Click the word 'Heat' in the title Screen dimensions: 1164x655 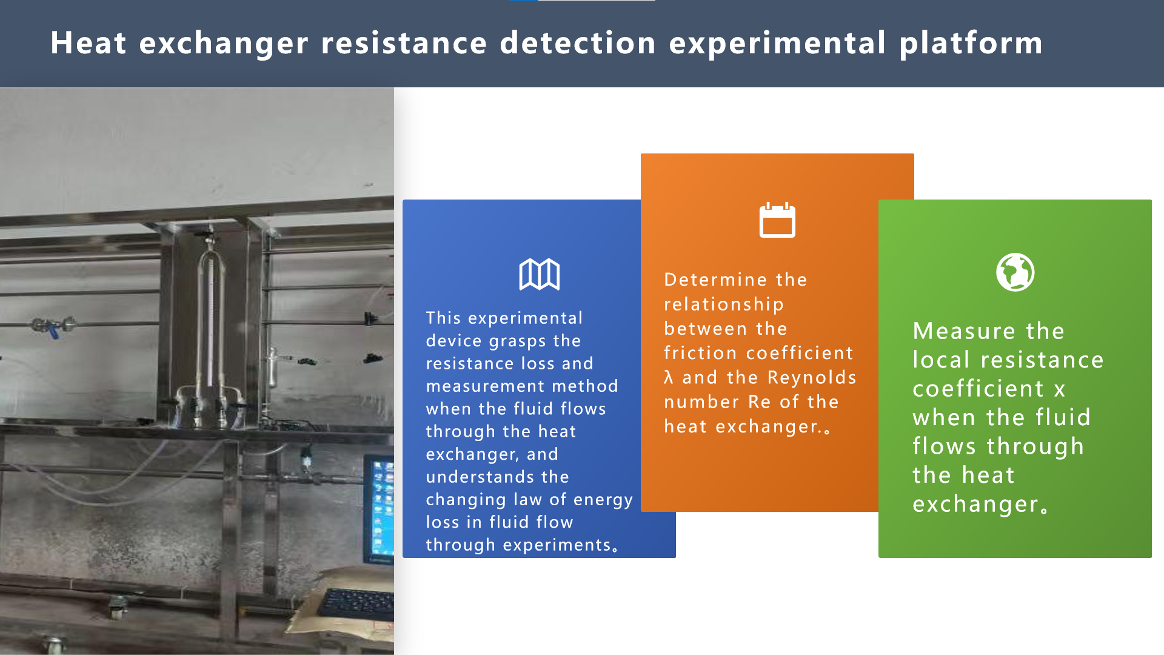tap(89, 43)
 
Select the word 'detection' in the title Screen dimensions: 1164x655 tap(578, 43)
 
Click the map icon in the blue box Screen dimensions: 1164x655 tap(539, 275)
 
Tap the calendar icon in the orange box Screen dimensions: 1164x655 tap(777, 220)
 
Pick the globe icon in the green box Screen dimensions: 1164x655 tap(1015, 272)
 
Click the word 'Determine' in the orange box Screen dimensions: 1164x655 tap(717, 280)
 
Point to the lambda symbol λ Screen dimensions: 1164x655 tap(669, 377)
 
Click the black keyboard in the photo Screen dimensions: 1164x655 tap(358, 603)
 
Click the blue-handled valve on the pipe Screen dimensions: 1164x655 tap(53, 328)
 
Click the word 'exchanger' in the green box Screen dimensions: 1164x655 tap(975, 505)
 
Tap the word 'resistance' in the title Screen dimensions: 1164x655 tap(404, 43)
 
